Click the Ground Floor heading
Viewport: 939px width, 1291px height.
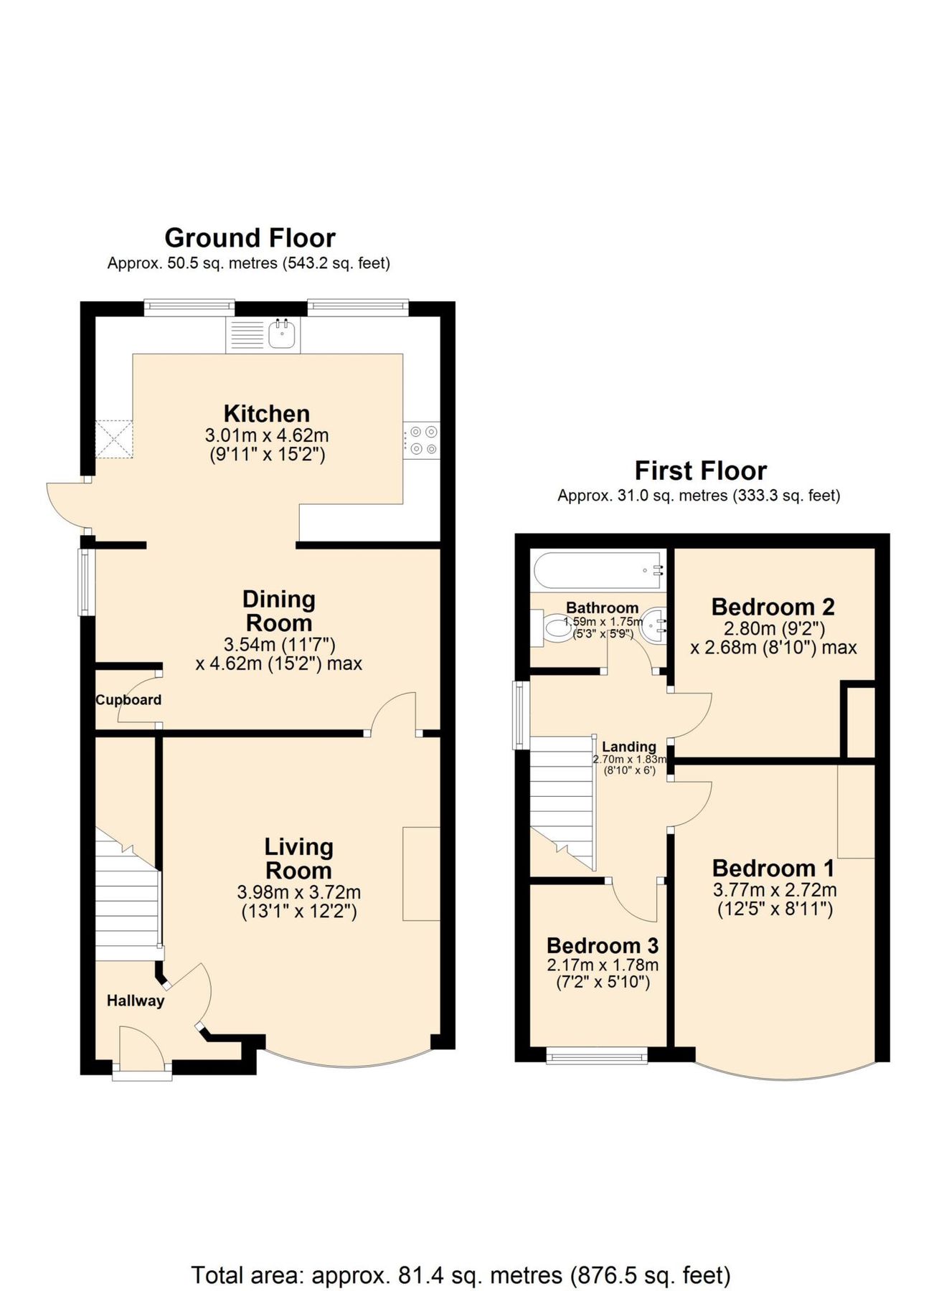250,237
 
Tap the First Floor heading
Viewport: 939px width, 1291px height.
700,470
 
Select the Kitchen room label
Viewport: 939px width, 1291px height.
266,414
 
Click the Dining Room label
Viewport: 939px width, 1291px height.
278,611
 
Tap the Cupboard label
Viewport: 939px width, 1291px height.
128,700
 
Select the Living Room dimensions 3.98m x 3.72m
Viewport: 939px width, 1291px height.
298,892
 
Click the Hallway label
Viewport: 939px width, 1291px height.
136,1001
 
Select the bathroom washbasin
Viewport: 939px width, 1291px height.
654,626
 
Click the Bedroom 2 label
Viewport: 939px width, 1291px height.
773,607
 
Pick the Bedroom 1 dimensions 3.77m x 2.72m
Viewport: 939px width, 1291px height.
774,890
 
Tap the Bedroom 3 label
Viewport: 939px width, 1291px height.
602,946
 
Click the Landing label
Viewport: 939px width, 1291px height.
628,747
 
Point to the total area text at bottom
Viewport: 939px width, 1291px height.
461,1255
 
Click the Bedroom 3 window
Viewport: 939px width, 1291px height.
597,1055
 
